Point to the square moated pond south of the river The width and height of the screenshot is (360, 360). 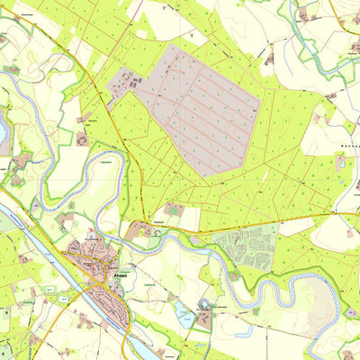[x=205, y=306]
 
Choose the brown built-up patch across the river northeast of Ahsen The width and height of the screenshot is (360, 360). [x=142, y=231]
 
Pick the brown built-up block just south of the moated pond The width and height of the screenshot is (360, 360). [x=204, y=319]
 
